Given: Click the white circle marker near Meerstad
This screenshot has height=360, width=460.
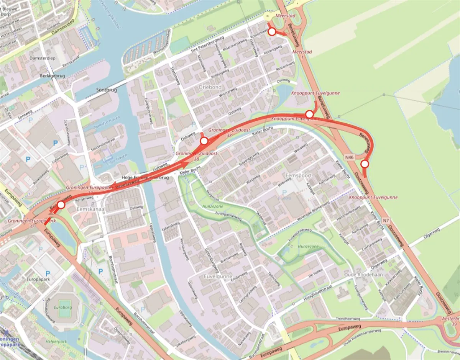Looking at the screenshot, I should [x=272, y=31].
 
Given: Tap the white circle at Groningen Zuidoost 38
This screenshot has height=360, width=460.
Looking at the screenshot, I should [x=204, y=141].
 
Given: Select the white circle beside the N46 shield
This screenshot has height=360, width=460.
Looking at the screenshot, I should [x=365, y=164].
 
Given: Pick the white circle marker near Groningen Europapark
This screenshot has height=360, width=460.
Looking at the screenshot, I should [x=61, y=205].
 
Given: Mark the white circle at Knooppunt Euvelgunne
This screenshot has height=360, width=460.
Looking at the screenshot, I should [x=309, y=114].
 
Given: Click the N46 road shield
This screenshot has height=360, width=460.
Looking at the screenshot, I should [x=349, y=157].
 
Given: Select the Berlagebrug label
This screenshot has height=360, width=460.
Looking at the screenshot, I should [x=52, y=76].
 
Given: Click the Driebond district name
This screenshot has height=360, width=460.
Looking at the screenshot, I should [x=210, y=87].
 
